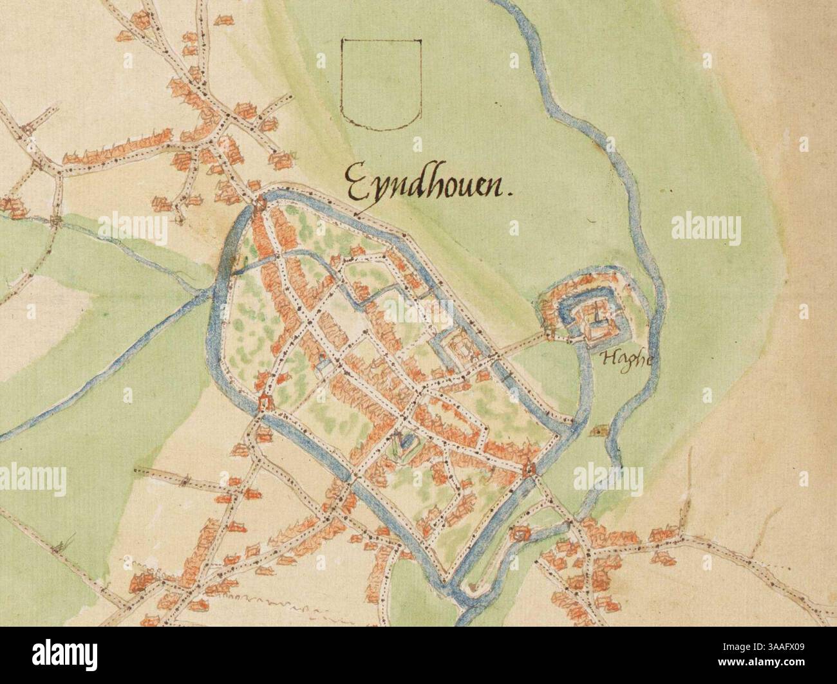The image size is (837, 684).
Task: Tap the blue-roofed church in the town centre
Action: (406, 441)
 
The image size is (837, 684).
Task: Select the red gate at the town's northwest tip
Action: (259, 206)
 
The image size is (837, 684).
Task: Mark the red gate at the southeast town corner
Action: (531, 469)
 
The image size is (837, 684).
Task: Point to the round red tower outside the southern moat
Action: (519, 533)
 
